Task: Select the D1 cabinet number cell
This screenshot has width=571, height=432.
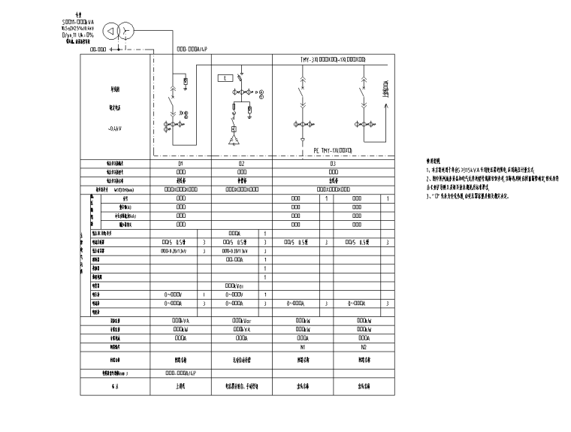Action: pos(181,163)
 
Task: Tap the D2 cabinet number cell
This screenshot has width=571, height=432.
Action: pos(241,163)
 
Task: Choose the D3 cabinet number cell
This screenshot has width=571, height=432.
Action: pos(331,163)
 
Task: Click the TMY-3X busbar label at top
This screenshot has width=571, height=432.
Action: pos(331,59)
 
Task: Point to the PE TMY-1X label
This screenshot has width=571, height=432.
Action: pos(338,150)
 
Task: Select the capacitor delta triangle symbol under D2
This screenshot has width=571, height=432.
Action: pos(233,141)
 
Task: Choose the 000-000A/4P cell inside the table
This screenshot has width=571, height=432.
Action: pos(181,372)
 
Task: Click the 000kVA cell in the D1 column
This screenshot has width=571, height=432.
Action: pos(181,321)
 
